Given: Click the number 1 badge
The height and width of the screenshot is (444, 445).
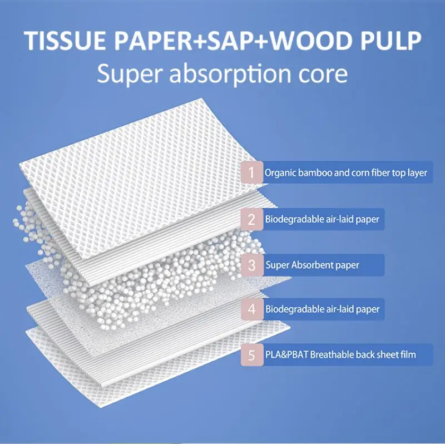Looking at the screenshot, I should [251, 172].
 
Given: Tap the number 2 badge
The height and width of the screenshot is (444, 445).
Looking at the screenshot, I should [251, 219].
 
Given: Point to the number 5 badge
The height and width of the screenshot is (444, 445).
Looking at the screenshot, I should [251, 354].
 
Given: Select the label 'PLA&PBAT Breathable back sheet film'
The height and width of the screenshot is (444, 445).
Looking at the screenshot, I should [340, 354].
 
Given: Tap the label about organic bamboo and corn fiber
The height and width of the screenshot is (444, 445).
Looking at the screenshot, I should [345, 172].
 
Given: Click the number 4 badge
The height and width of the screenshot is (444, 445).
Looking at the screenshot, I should [251, 308].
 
